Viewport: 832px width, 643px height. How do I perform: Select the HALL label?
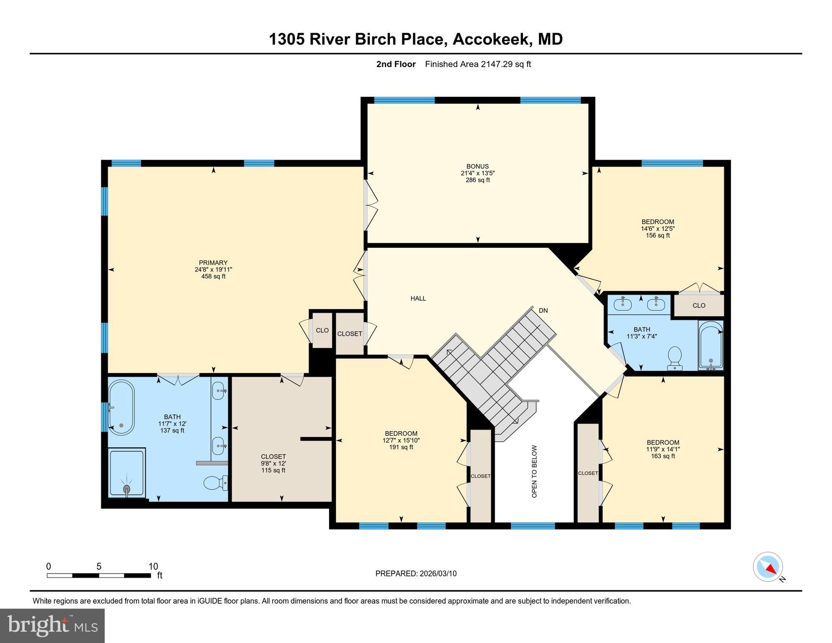click(x=418, y=298)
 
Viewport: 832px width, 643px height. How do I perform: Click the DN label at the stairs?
click(x=543, y=311)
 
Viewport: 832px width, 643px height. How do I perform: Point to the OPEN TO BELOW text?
click(x=534, y=471)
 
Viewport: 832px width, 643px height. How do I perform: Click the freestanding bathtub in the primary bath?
click(x=121, y=407)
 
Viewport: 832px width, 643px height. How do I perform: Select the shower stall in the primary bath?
click(x=126, y=473)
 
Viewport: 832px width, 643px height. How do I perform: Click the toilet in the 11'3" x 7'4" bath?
click(x=675, y=357)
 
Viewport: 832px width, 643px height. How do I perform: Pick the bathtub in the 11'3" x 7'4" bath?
click(x=711, y=345)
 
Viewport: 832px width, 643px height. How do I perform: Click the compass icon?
click(x=768, y=566)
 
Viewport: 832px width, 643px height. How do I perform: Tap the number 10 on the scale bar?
click(x=153, y=566)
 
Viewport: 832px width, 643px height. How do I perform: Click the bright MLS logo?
click(x=52, y=625)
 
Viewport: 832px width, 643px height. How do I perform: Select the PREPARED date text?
click(x=416, y=574)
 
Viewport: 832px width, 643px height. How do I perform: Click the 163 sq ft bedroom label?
click(x=662, y=449)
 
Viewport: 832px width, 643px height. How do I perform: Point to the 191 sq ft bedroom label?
click(x=401, y=440)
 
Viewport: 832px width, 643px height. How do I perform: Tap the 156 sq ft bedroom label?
click(x=657, y=229)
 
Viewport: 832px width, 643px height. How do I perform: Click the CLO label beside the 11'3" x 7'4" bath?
click(x=699, y=306)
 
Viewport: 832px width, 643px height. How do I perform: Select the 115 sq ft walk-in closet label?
click(x=273, y=463)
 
